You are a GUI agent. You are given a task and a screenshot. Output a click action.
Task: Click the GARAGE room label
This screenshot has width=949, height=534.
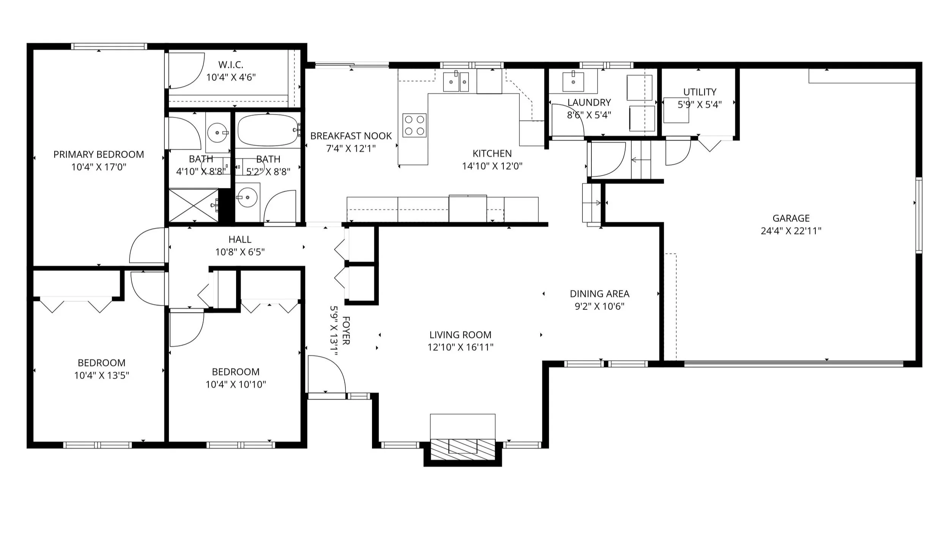click(x=791, y=218)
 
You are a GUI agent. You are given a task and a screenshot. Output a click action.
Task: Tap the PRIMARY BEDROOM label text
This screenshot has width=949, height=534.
click(x=99, y=154)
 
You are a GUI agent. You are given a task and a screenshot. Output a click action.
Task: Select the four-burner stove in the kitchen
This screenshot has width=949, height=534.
click(x=415, y=125)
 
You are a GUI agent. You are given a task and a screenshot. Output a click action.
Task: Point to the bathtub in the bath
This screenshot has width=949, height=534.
click(x=268, y=131)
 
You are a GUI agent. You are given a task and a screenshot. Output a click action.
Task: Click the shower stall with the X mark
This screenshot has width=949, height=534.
click(x=194, y=205)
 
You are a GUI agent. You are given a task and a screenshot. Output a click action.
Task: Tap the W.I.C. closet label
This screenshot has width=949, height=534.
click(x=231, y=65)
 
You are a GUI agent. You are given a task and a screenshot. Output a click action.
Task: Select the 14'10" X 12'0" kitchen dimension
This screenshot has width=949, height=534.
click(x=492, y=166)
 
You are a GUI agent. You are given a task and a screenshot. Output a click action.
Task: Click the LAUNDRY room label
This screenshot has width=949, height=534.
click(x=589, y=102)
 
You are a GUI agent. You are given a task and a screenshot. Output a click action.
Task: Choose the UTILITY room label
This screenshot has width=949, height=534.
click(x=700, y=92)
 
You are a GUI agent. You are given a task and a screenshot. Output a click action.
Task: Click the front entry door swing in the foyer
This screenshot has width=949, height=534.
click(x=327, y=374)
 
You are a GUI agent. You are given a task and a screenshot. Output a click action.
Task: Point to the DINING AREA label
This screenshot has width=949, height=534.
click(x=600, y=294)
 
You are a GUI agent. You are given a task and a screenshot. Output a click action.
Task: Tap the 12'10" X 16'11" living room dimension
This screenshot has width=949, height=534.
click(x=460, y=347)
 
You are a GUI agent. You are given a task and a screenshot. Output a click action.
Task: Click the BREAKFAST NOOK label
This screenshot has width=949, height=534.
click(x=351, y=136)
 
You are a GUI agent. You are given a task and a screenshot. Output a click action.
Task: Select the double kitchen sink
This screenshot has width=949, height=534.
click(x=456, y=82)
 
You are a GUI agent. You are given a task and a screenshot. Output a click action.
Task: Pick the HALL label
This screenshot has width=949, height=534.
click(x=240, y=239)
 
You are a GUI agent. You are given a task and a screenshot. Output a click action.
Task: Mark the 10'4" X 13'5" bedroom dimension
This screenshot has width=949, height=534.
click(x=102, y=376)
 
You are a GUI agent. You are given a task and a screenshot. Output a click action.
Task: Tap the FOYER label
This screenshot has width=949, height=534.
click(x=346, y=330)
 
